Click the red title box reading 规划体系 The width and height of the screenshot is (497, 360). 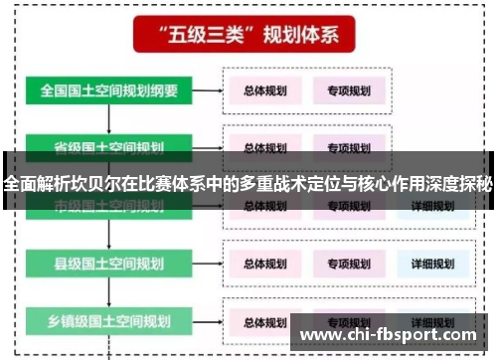pyautogui.click(x=248, y=37)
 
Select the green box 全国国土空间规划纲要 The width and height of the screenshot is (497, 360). pyautogui.click(x=109, y=90)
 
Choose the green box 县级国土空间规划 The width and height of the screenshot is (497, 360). pyautogui.click(x=109, y=265)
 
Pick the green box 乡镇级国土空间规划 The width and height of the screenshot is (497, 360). pyautogui.click(x=109, y=321)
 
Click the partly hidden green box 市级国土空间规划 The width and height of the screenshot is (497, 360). pyautogui.click(x=109, y=207)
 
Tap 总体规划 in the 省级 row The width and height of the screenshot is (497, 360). pyautogui.click(x=265, y=147)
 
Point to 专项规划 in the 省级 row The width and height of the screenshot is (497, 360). pyautogui.click(x=348, y=147)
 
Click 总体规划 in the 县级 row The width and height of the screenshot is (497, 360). pyautogui.click(x=265, y=265)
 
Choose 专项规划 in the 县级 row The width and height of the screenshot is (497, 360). pyautogui.click(x=348, y=265)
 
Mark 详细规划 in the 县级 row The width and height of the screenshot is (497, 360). pyautogui.click(x=431, y=265)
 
